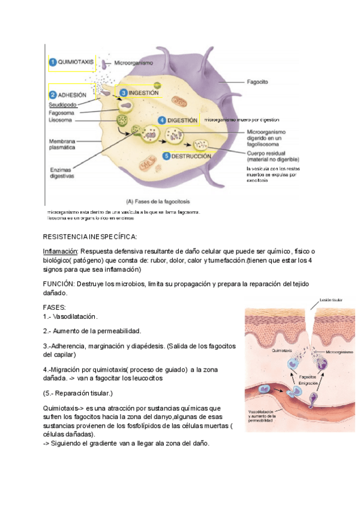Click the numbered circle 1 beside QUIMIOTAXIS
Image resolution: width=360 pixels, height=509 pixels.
pos(52,62)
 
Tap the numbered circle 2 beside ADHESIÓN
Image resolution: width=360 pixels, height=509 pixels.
pos(52,95)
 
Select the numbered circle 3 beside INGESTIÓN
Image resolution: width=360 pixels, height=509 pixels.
pos(123,93)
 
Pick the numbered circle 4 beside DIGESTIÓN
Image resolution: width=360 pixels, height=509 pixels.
pos(162,120)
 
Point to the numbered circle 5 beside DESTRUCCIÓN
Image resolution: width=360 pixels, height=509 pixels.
pos(166,155)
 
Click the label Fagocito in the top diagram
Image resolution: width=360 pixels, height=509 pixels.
pos(257,80)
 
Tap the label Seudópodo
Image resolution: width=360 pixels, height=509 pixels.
pos(62,104)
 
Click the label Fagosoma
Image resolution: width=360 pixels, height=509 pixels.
pos(62,112)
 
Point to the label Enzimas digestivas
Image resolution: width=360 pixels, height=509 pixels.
pos(62,173)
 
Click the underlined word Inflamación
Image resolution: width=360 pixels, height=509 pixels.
pos(61,250)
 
